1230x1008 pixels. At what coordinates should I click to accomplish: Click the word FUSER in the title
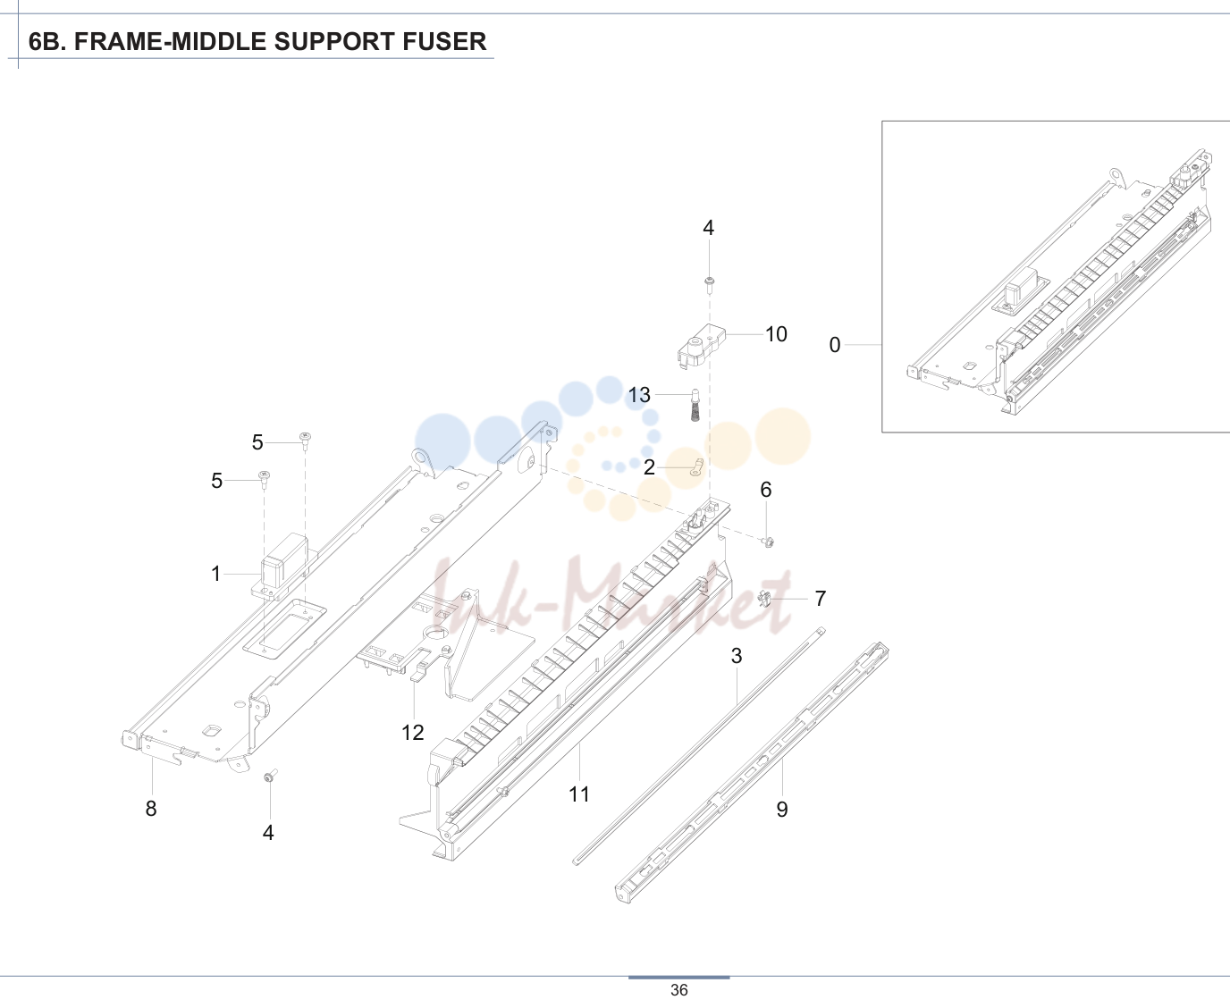(x=444, y=41)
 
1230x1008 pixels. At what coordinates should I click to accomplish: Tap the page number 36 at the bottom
(x=678, y=990)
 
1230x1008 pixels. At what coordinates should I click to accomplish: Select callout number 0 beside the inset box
(x=835, y=345)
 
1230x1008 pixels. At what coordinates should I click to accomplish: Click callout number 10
(x=776, y=334)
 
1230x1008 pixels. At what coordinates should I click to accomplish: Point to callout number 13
(x=639, y=395)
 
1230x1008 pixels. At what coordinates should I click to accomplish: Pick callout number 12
(x=412, y=733)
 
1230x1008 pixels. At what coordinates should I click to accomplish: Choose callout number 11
(x=579, y=794)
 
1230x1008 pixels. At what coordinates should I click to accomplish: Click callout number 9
(x=782, y=810)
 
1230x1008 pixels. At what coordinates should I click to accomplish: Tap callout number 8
(x=151, y=809)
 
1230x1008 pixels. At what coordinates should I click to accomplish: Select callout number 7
(x=821, y=598)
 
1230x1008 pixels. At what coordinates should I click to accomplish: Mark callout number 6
(x=766, y=490)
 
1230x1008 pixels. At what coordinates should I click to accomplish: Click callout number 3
(x=737, y=656)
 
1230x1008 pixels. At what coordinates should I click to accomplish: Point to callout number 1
(x=215, y=574)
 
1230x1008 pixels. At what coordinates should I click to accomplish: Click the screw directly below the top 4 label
(x=709, y=285)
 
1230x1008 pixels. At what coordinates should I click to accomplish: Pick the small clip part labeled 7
(x=764, y=598)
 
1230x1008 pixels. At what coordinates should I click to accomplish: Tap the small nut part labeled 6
(x=768, y=542)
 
